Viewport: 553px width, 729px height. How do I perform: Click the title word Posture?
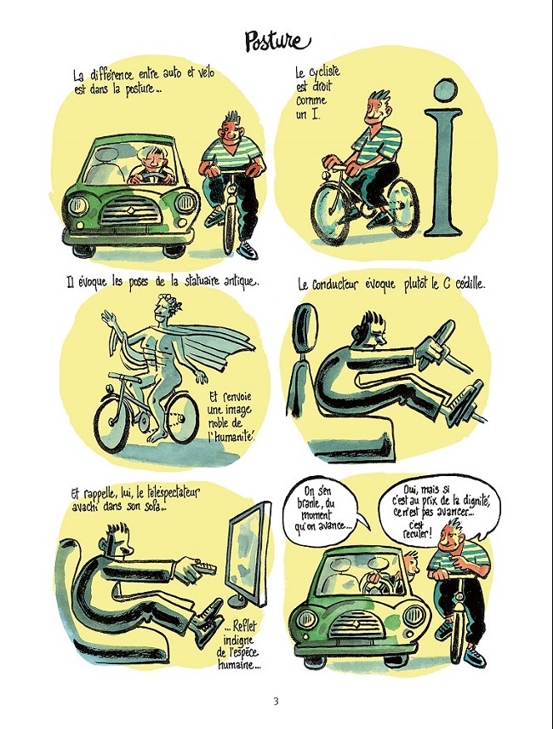[x=277, y=42]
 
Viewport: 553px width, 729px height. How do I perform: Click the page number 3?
[x=276, y=701]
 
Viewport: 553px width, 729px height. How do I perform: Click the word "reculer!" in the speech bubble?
[x=418, y=533]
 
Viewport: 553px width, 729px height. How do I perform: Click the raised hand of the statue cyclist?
[x=107, y=319]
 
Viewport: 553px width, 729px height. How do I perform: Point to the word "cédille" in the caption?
[x=467, y=284]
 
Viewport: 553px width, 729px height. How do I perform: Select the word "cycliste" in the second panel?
[x=324, y=73]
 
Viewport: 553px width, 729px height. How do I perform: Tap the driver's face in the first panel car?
[x=154, y=160]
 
